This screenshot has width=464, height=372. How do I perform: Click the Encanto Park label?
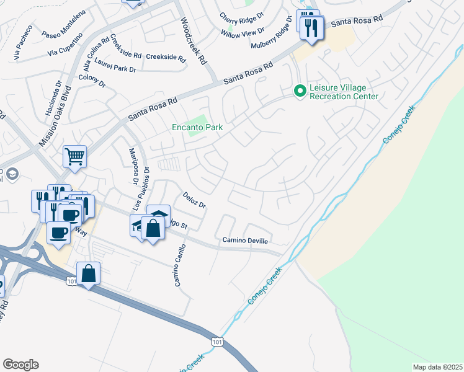(x=197, y=128)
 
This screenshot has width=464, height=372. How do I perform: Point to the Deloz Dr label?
(x=194, y=200)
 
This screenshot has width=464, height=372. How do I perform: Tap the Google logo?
(x=20, y=365)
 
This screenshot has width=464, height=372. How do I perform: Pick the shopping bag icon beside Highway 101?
(x=89, y=272)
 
